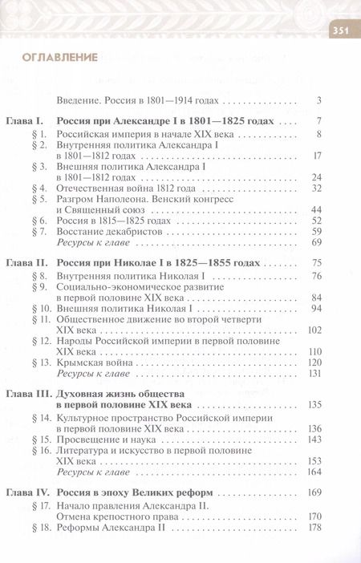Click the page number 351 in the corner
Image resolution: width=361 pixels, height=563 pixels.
tap(341, 31)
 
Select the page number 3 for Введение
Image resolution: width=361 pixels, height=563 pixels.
tap(318, 100)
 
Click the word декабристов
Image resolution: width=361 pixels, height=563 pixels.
tap(136, 231)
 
